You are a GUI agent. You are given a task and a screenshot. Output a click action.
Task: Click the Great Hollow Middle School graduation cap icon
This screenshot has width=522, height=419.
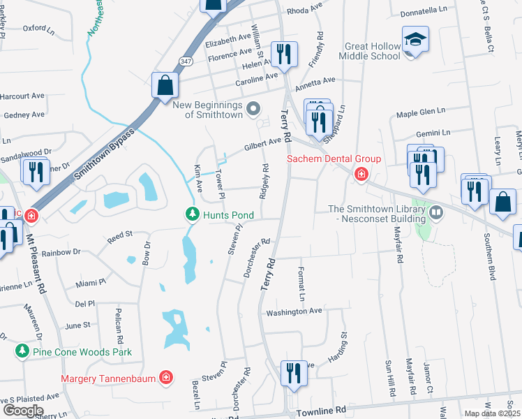pos(415,39)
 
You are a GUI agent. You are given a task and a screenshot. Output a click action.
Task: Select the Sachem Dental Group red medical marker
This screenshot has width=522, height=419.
pos(361,174)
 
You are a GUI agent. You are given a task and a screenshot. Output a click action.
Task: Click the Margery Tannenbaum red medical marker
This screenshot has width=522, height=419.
pos(166,378)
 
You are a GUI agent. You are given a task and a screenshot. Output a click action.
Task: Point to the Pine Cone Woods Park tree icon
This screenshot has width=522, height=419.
pos(23,351)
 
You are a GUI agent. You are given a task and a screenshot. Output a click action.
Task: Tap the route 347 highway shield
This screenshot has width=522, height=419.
pos(185,62)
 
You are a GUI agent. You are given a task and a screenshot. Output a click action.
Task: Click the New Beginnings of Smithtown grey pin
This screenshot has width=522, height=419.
pos(253,108)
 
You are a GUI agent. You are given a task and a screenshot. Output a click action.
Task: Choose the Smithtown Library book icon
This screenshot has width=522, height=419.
pos(436,211)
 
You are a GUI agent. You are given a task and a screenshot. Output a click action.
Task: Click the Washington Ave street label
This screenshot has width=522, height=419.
pos(294,311)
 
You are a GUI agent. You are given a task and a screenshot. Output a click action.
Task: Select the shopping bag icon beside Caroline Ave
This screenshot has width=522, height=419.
pos(165,86)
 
